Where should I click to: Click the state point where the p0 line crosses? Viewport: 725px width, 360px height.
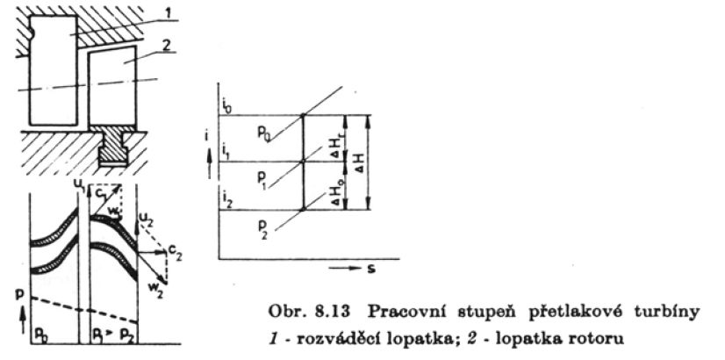302,115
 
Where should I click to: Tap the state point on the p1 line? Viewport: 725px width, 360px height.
302,162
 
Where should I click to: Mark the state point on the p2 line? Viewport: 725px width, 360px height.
302,209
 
